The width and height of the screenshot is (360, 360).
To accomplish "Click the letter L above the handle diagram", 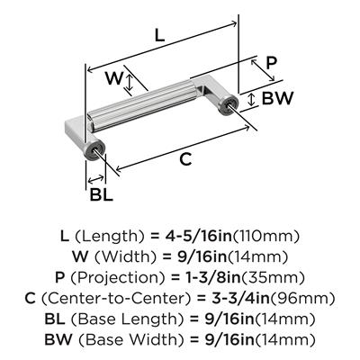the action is click(x=159, y=35).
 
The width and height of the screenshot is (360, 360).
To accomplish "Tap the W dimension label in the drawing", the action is click(x=114, y=78).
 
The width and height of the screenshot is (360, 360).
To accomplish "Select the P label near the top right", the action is click(x=271, y=63).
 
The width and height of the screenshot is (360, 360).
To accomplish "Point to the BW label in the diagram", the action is click(x=277, y=98).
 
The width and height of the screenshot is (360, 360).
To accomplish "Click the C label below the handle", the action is click(x=185, y=158).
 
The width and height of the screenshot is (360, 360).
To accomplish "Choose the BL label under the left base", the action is click(x=102, y=194).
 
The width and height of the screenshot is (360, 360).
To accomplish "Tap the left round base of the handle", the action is click(x=94, y=150).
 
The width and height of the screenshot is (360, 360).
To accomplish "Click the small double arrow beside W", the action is click(x=130, y=83).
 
